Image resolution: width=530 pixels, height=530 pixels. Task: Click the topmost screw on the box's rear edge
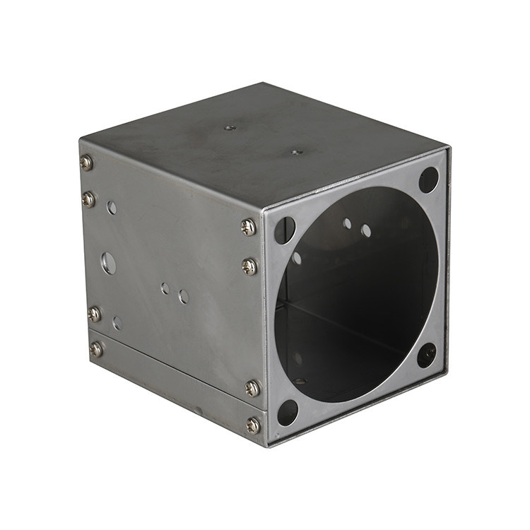(86, 163)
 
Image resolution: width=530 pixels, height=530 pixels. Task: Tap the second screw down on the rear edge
(88, 200)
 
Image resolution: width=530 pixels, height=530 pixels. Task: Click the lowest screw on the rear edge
(96, 349)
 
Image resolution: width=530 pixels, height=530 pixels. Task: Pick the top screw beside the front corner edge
(248, 227)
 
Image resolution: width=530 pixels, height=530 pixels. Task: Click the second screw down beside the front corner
(249, 266)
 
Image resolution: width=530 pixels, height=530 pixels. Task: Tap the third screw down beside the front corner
(252, 388)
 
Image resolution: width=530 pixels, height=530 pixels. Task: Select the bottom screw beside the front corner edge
(253, 425)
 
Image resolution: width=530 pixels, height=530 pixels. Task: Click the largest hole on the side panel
(109, 263)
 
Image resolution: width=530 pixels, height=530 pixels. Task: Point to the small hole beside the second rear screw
(112, 207)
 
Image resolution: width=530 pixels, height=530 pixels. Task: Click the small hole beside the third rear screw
(117, 322)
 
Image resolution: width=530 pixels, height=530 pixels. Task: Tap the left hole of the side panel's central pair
(165, 288)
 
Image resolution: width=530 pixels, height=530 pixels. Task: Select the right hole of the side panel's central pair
(184, 296)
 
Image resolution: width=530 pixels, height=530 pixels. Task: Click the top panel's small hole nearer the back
(229, 128)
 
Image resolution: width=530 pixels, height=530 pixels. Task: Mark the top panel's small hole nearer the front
(295, 151)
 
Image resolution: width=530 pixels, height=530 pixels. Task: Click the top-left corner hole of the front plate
(285, 230)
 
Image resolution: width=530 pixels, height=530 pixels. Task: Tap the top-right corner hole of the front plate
(428, 179)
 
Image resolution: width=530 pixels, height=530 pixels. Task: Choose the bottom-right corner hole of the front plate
(426, 355)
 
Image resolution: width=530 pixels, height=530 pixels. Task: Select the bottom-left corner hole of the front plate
(288, 412)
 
